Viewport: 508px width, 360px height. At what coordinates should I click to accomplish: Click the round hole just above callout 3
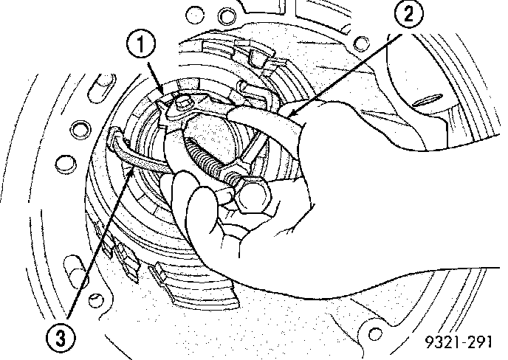(x=95, y=299)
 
